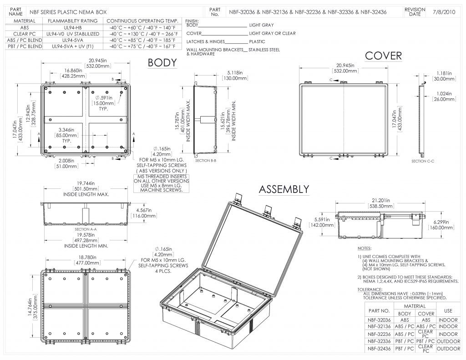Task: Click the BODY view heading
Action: pyautogui.click(x=162, y=63)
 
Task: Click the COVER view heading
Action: pyautogui.click(x=384, y=56)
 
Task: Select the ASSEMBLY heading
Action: pyautogui.click(x=284, y=189)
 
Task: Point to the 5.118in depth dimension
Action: pyautogui.click(x=235, y=72)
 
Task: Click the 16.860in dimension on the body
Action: pyautogui.click(x=73, y=71)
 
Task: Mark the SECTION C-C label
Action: pyautogui.click(x=422, y=161)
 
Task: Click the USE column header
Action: pyautogui.click(x=448, y=310)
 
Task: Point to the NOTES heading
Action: pyautogui.click(x=365, y=248)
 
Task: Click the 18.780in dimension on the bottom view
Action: pyautogui.click(x=88, y=257)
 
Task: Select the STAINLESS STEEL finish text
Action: pyautogui.click(x=264, y=49)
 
